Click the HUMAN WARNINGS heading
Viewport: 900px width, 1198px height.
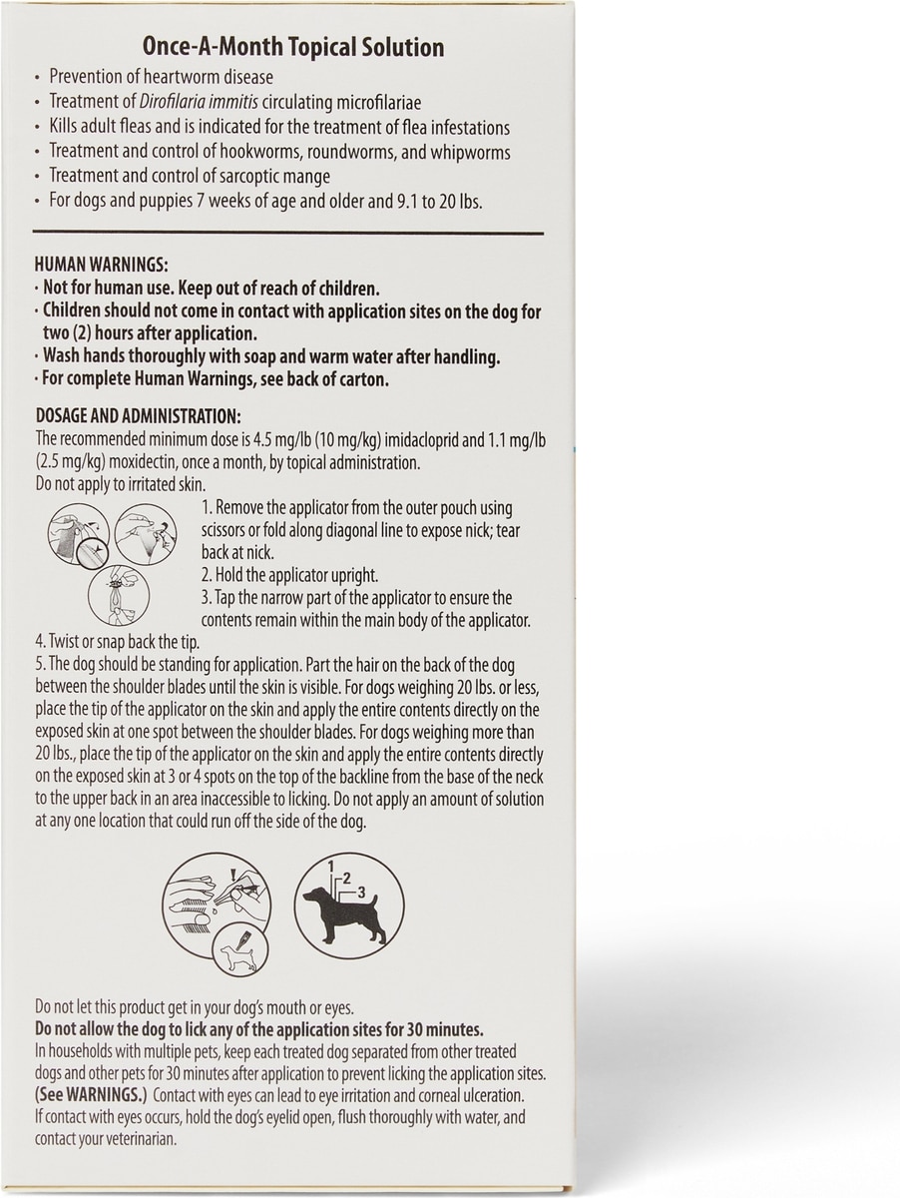[101, 265]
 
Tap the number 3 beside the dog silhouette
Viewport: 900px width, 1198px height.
[362, 891]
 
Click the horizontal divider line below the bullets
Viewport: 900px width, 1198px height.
[288, 231]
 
